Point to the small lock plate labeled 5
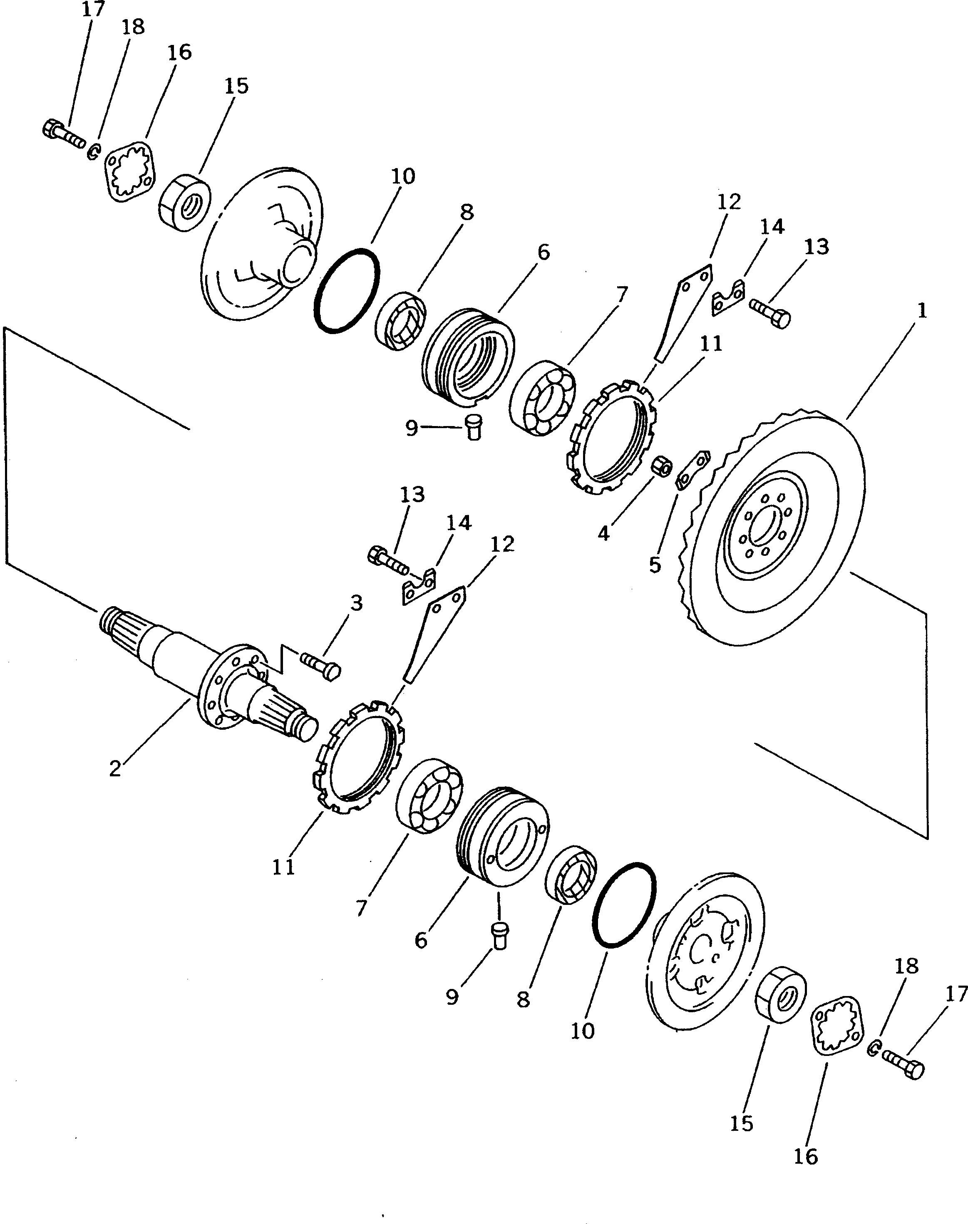click(692, 468)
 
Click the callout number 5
click(655, 565)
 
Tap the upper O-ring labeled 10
click(346, 290)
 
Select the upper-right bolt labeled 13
click(769, 313)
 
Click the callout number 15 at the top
click(236, 86)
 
